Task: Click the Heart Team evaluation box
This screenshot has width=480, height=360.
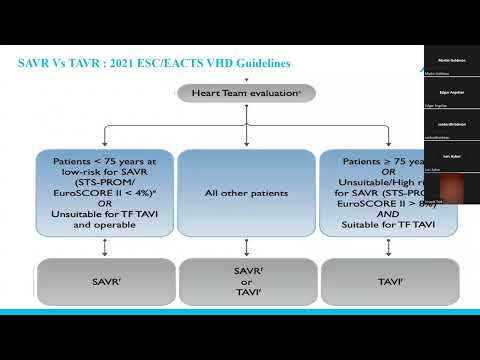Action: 246,93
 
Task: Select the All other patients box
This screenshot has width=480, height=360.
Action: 246,192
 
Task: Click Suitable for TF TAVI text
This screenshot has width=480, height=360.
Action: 384,226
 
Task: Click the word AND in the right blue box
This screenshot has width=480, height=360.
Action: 384,215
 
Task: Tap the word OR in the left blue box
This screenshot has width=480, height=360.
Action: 104,204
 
